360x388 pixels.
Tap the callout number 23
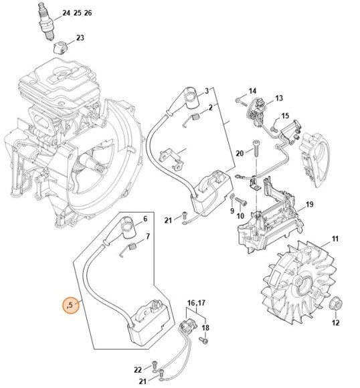point(80,37)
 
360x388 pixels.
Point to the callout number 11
point(335,238)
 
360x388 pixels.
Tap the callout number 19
point(310,204)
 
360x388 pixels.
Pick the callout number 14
point(252,91)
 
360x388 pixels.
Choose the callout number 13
point(279,97)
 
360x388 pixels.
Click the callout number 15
point(284,116)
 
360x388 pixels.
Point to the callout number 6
point(144,219)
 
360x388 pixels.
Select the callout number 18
point(205,328)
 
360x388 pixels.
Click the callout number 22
point(137,369)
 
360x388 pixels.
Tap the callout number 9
point(232,212)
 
